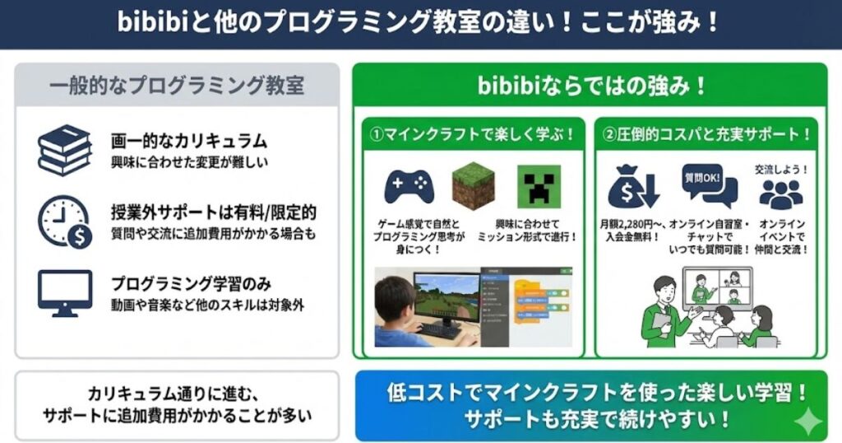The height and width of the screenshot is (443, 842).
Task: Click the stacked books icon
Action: pos(64,150)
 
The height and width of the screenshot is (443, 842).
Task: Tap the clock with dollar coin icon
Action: pos(64,221)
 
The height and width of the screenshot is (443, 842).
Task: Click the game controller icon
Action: pos(408,186)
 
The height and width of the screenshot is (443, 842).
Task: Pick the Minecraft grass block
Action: pos(474,186)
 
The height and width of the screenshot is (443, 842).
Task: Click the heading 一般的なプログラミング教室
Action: pos(177,86)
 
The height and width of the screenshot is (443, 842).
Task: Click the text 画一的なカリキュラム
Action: pos(189,141)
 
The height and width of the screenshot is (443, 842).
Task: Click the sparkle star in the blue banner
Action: pos(809,422)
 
